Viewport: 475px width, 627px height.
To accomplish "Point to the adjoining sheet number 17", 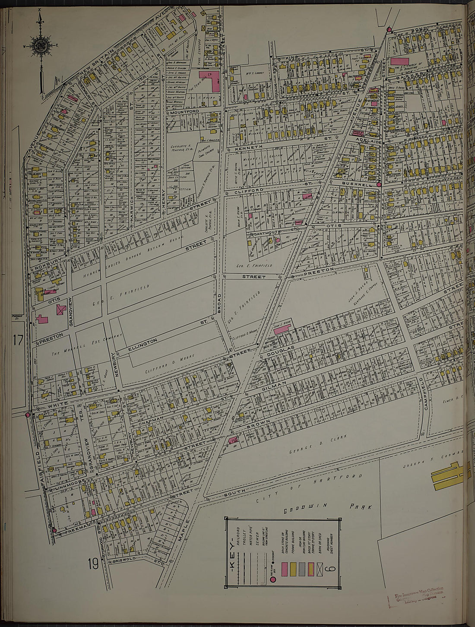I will (x=18, y=340).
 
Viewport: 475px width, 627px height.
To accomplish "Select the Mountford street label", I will (x=184, y=112).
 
